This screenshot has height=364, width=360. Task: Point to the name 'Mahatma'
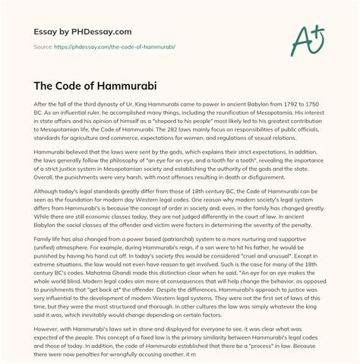coord(109,320)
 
